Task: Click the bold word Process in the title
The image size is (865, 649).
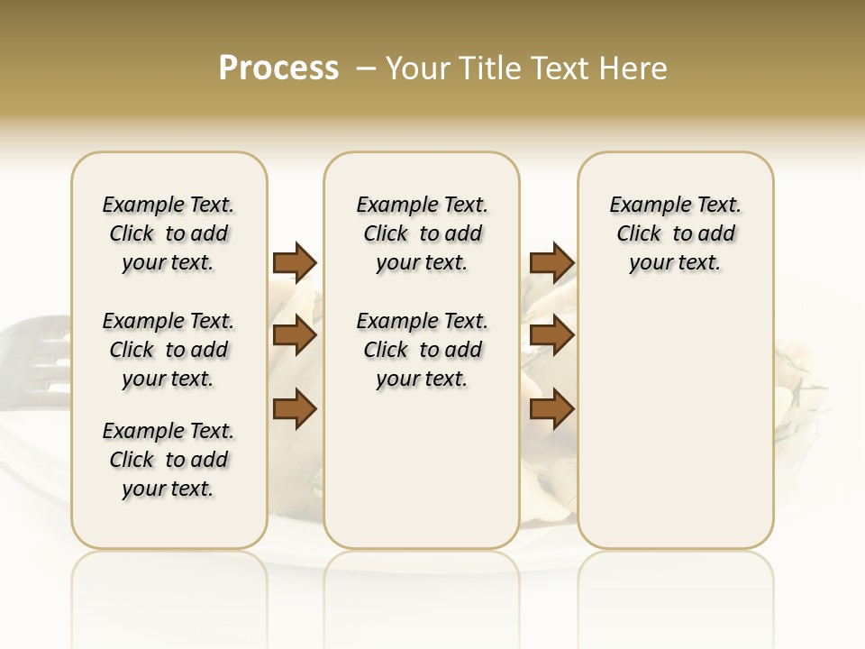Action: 278,69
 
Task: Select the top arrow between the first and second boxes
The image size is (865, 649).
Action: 295,263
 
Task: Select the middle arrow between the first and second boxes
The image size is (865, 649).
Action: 295,335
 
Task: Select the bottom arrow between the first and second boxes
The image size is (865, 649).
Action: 295,409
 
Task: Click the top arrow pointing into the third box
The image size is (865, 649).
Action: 551,263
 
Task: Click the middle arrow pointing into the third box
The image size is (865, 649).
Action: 551,335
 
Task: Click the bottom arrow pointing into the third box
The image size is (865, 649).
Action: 551,409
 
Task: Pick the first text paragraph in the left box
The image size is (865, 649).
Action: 168,233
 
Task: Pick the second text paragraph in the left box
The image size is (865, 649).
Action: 168,350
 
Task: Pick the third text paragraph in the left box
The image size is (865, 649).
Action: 168,460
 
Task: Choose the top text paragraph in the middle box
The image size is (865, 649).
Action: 422,233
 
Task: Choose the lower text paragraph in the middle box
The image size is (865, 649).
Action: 422,350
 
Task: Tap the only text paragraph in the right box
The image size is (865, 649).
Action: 675,233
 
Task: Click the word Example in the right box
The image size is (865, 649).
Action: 644,206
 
